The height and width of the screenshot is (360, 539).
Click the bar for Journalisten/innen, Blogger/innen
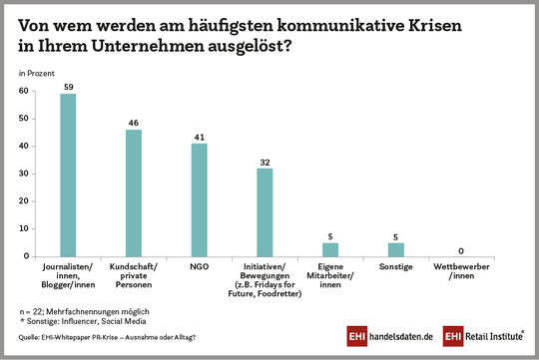pyautogui.click(x=68, y=175)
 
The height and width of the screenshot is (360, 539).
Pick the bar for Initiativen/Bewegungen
pyautogui.click(x=265, y=211)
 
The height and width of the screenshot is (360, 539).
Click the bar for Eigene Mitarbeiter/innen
pyautogui.click(x=330, y=249)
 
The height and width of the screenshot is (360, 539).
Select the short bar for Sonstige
pyautogui.click(x=396, y=249)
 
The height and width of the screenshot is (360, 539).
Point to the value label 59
pyautogui.click(x=68, y=87)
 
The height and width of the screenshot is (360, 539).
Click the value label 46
pyautogui.click(x=134, y=123)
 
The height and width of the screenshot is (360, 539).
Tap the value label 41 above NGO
pyautogui.click(x=199, y=137)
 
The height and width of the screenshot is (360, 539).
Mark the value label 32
pyautogui.click(x=265, y=162)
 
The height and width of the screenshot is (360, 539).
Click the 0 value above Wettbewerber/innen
pyautogui.click(x=462, y=249)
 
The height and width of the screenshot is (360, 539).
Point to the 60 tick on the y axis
pyautogui.click(x=23, y=91)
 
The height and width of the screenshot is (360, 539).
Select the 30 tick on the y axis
pyautogui.click(x=23, y=174)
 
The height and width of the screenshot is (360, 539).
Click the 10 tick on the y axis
pyautogui.click(x=23, y=228)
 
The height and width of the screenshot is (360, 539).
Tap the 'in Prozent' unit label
pyautogui.click(x=36, y=73)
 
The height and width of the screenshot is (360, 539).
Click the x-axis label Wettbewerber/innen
pyautogui.click(x=462, y=271)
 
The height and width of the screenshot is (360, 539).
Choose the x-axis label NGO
pyautogui.click(x=199, y=267)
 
